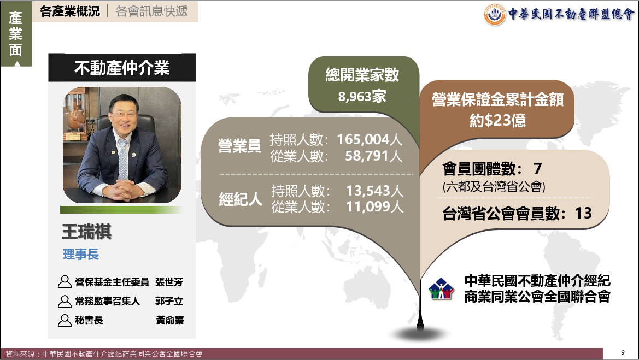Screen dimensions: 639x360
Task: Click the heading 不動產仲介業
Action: (x=122, y=68)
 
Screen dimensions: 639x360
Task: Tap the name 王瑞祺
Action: (x=86, y=231)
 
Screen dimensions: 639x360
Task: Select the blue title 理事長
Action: (x=81, y=255)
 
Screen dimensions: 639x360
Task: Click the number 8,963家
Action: (x=362, y=97)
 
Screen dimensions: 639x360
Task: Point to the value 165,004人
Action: (x=370, y=140)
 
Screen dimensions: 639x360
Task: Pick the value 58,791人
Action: (x=374, y=156)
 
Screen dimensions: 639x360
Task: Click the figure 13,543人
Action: (x=374, y=191)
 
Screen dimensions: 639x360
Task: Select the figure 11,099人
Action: (x=374, y=207)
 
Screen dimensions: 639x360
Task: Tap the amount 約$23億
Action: (x=497, y=120)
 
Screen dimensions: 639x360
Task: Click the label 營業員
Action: (x=239, y=146)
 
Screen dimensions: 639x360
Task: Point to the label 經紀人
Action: (x=241, y=199)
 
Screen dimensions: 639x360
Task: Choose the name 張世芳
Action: (x=169, y=282)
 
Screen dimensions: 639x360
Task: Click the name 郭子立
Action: (x=169, y=302)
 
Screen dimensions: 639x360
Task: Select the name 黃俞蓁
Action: (x=169, y=321)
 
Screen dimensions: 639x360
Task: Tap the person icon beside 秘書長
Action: (x=65, y=321)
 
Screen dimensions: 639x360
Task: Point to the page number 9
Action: (x=623, y=352)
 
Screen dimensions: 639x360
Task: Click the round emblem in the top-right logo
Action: (x=495, y=15)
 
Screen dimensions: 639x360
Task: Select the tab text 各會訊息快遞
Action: (x=151, y=11)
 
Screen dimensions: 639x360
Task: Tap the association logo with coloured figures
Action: (x=441, y=289)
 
